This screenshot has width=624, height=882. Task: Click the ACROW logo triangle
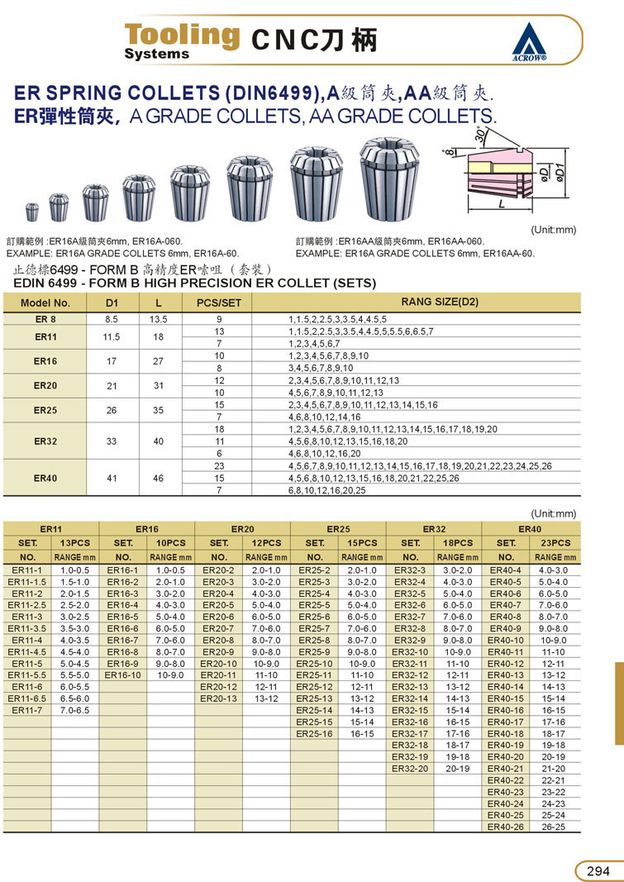click(530, 41)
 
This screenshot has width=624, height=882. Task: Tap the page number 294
click(598, 870)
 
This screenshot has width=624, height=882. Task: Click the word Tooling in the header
click(182, 35)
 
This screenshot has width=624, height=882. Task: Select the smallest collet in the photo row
click(32, 211)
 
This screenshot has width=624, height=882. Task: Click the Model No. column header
click(45, 303)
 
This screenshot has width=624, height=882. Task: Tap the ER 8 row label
click(45, 318)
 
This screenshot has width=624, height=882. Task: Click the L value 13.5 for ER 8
click(159, 318)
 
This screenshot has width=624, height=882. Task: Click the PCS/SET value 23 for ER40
click(219, 466)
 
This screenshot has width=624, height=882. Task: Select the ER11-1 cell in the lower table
click(27, 570)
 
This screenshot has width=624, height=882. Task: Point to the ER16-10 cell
click(123, 675)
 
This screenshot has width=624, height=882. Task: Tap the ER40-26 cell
click(505, 826)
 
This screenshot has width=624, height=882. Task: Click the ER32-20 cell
click(410, 768)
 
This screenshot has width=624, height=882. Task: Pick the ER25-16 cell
click(315, 733)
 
